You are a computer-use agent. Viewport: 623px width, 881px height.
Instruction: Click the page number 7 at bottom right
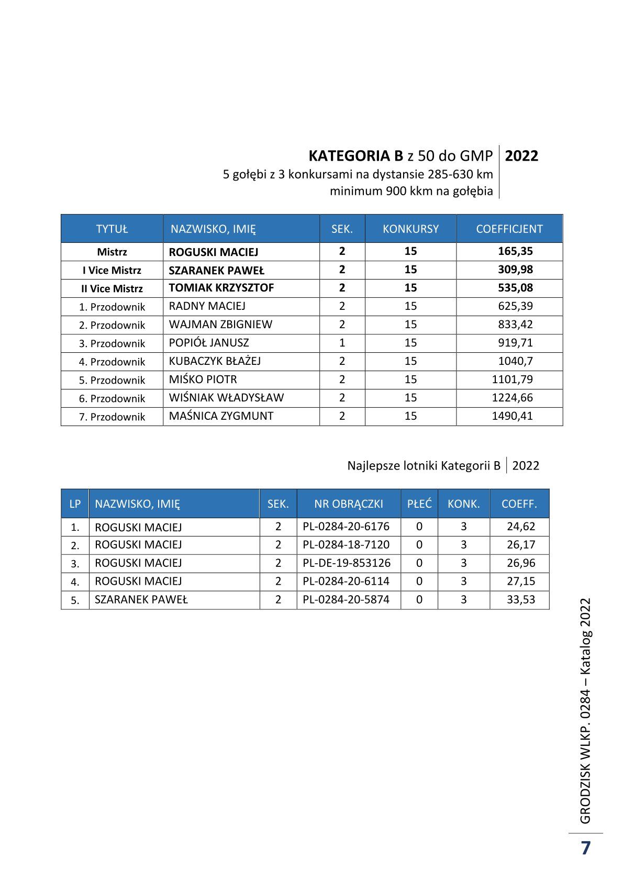(585, 847)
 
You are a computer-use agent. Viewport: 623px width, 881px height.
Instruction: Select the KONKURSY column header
(410, 229)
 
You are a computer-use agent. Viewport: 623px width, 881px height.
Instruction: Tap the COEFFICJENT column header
(509, 229)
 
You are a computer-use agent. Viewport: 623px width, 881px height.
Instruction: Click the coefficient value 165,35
(515, 251)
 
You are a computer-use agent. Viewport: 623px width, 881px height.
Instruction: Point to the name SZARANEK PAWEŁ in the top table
(216, 270)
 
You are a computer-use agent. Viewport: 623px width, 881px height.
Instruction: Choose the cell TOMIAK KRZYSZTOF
(221, 288)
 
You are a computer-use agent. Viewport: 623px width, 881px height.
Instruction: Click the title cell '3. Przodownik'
(112, 343)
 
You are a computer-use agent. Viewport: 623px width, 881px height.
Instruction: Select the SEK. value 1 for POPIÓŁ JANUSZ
(342, 343)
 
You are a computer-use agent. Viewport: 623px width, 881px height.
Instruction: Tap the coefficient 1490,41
(512, 416)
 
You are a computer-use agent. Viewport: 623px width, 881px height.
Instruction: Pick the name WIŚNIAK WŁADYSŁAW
(226, 398)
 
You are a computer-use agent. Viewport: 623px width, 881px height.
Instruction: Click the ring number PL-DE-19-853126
(347, 563)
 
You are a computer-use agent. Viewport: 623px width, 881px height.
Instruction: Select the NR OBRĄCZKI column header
(349, 504)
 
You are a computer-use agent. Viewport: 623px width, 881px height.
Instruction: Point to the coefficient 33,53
(521, 600)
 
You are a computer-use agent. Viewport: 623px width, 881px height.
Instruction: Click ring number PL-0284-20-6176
(346, 527)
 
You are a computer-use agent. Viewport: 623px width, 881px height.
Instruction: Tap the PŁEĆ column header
(419, 504)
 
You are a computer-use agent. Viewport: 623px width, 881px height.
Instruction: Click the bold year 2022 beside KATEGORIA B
(521, 156)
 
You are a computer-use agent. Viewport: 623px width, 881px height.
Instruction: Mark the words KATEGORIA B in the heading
(355, 156)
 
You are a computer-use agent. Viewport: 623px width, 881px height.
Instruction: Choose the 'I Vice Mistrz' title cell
(112, 270)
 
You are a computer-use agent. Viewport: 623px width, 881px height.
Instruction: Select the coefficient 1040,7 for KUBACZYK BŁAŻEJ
(515, 361)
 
